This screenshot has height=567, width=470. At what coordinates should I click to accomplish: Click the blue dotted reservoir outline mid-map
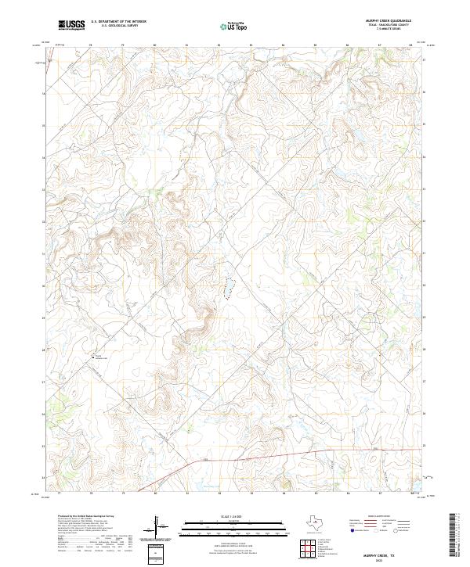[230, 289]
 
